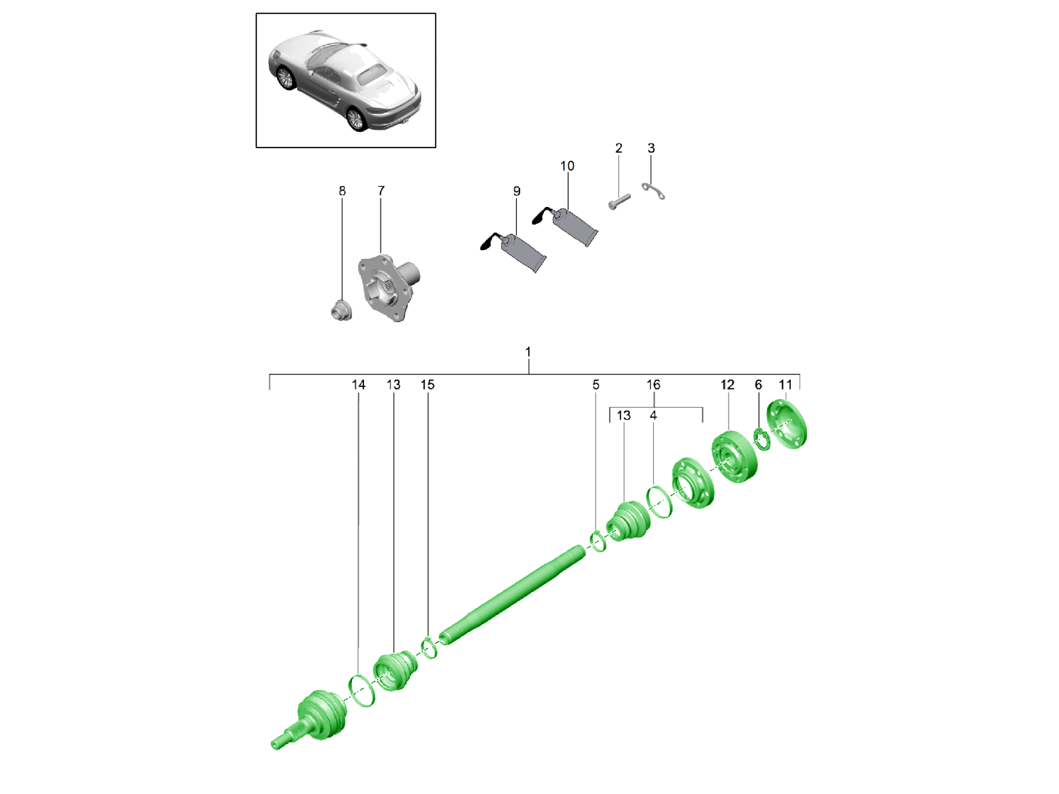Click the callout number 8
coord(342,191)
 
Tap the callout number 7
coord(381,191)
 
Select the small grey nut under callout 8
coord(342,310)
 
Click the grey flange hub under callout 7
coord(389,288)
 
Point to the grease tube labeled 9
coord(514,252)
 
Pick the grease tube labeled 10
coord(566,226)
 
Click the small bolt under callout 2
coord(619,202)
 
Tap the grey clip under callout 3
coord(653,191)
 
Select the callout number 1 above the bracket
coord(528,352)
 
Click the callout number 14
coord(359,384)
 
